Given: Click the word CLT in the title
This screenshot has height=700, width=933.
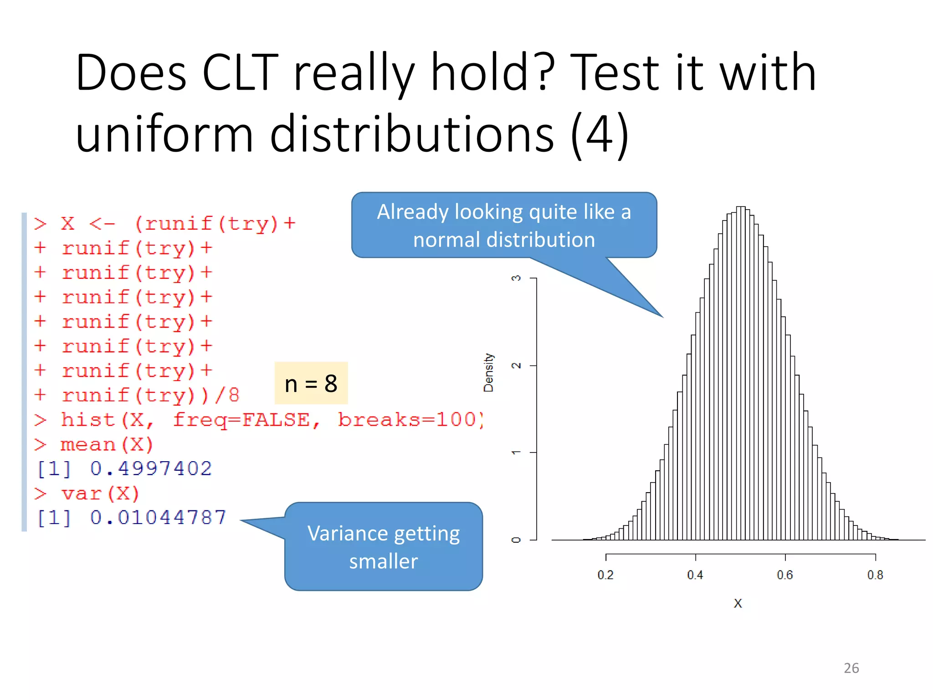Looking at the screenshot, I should click(240, 73).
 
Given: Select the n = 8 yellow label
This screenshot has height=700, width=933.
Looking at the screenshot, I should click(311, 384).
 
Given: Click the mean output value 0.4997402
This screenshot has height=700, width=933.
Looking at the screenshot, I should click(151, 468).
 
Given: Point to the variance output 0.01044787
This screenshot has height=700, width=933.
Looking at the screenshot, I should click(158, 517).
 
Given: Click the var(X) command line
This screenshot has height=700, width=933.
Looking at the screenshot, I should click(100, 494).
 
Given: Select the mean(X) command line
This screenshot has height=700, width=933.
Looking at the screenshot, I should click(107, 444).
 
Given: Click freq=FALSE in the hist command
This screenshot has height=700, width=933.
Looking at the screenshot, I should click(246, 420).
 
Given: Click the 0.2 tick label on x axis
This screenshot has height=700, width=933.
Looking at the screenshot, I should click(605, 575).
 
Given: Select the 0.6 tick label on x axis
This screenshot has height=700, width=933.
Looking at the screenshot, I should click(785, 575).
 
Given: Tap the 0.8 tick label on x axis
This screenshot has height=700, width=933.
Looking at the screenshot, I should click(875, 575).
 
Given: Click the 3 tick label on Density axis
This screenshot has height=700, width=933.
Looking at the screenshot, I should click(516, 278).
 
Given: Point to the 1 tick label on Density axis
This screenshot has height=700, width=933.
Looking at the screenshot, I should click(516, 452).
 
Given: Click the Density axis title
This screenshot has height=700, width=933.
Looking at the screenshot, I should click(488, 372).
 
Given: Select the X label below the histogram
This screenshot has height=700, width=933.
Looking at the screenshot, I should click(738, 603).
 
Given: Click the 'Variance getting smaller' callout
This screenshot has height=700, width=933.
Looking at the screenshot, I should click(384, 547).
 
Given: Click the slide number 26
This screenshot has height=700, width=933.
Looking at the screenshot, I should click(851, 668).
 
